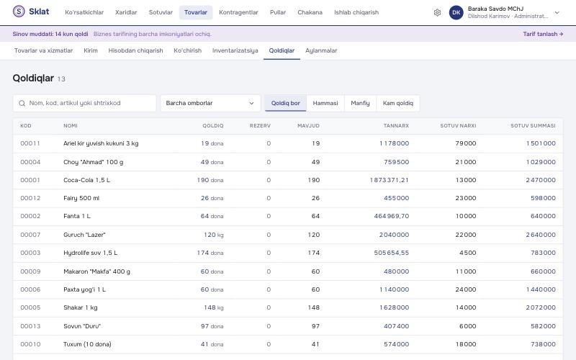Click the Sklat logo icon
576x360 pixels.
[x=19, y=12]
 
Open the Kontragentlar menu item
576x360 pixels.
[x=238, y=12]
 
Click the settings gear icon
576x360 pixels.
[x=437, y=12]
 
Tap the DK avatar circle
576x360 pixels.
[x=456, y=12]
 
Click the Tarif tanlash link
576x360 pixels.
[x=543, y=34]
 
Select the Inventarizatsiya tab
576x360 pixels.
[x=235, y=50]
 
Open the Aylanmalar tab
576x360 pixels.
[x=321, y=50]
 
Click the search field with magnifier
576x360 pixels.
[x=84, y=103]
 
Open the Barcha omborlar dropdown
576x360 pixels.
[x=210, y=103]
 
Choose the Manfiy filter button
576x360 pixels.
[x=360, y=103]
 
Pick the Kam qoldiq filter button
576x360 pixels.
[x=398, y=103]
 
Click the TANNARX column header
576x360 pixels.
[x=396, y=125]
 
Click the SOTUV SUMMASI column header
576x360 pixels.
[x=533, y=125]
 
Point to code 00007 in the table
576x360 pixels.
[x=30, y=235]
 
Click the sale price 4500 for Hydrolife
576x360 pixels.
[x=467, y=253]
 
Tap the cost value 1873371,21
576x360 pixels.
[x=390, y=180]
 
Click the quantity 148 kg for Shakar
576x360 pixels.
[x=214, y=307]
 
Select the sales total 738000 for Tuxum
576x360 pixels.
[x=543, y=344]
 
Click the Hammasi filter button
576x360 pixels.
[x=325, y=103]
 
